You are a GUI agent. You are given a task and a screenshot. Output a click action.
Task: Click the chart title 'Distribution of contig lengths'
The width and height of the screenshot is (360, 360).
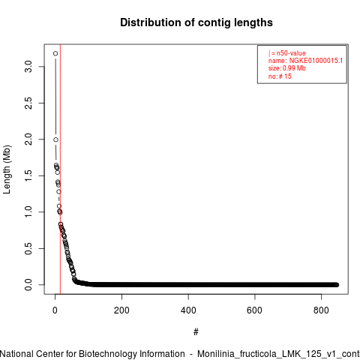point(196,22)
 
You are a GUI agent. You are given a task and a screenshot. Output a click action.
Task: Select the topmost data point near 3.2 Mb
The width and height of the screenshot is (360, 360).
point(55,53)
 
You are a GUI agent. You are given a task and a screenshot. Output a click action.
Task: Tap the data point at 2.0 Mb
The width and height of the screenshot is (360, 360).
point(55,139)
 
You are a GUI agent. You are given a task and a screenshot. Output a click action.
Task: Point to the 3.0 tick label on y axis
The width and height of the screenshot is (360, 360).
point(28,67)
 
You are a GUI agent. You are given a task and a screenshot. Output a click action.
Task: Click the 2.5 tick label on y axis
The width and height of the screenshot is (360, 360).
point(28,103)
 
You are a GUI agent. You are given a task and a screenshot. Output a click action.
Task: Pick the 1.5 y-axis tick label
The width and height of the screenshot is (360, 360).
point(28,175)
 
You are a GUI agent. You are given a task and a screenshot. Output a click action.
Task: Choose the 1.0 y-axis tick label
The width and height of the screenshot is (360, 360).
point(28,212)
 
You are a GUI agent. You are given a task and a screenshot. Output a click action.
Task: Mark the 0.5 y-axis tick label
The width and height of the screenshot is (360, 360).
point(28,248)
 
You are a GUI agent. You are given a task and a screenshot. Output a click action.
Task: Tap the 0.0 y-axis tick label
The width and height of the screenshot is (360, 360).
point(28,285)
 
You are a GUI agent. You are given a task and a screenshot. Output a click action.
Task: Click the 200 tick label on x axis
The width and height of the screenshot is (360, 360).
point(121,310)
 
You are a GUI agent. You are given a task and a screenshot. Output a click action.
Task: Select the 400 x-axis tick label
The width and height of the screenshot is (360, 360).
point(188,310)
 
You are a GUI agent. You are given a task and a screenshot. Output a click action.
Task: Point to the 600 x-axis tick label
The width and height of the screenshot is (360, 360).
point(254,310)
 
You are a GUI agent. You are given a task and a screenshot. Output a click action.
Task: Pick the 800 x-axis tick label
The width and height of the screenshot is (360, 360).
point(321,310)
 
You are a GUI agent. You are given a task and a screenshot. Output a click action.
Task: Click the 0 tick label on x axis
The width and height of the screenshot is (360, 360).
point(55,310)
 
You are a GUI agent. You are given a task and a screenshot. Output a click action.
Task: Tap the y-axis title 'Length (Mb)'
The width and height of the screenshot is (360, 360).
point(7,169)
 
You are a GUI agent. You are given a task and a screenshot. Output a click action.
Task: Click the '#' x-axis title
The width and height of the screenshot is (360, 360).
point(196,332)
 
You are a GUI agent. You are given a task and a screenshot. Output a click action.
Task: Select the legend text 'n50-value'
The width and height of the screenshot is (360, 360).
point(291,53)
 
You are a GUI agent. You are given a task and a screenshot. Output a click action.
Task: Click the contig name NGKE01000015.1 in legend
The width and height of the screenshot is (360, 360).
point(316,61)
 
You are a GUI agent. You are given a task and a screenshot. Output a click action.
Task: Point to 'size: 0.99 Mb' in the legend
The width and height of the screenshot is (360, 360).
point(287,68)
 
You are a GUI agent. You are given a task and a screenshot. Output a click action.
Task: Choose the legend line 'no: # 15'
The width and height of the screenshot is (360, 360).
point(280,76)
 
